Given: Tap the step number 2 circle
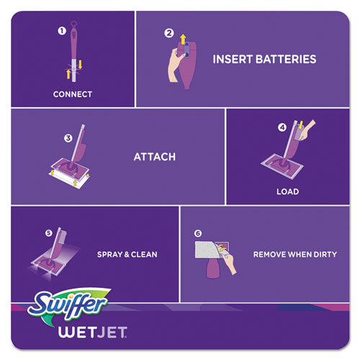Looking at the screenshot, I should (x=169, y=32).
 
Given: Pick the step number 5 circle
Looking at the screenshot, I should (x=49, y=233).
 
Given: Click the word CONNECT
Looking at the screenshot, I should (x=73, y=93).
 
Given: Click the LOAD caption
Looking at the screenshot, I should (x=287, y=192).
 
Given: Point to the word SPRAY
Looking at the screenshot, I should (x=109, y=255).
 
